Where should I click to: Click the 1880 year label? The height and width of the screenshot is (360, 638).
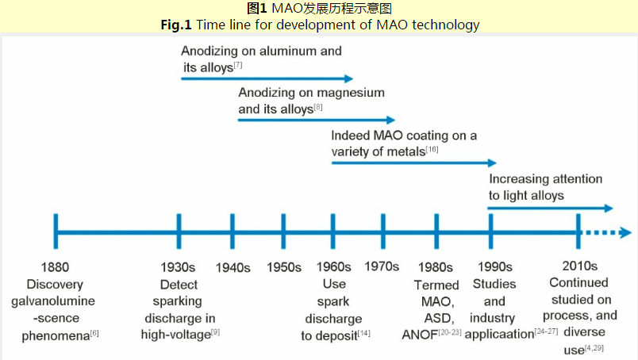click(x=56, y=266)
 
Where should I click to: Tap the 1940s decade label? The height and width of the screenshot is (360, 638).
click(x=233, y=266)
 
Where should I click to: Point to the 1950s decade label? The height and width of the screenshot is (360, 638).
click(x=284, y=266)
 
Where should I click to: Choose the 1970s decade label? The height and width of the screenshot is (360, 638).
click(x=382, y=266)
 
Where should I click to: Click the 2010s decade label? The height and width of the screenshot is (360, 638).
click(x=578, y=266)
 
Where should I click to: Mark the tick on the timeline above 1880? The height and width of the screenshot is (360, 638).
click(x=56, y=232)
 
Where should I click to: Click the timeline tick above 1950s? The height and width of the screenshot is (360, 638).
click(x=284, y=232)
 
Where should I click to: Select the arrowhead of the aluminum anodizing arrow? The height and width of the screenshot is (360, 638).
click(x=348, y=79)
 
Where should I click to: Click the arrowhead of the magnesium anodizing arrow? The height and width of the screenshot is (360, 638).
click(x=389, y=120)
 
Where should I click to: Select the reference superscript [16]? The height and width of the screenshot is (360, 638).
click(x=432, y=149)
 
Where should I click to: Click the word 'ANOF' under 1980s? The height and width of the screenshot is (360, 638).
click(x=419, y=334)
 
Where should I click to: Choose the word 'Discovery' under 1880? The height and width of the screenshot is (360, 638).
click(x=55, y=284)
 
